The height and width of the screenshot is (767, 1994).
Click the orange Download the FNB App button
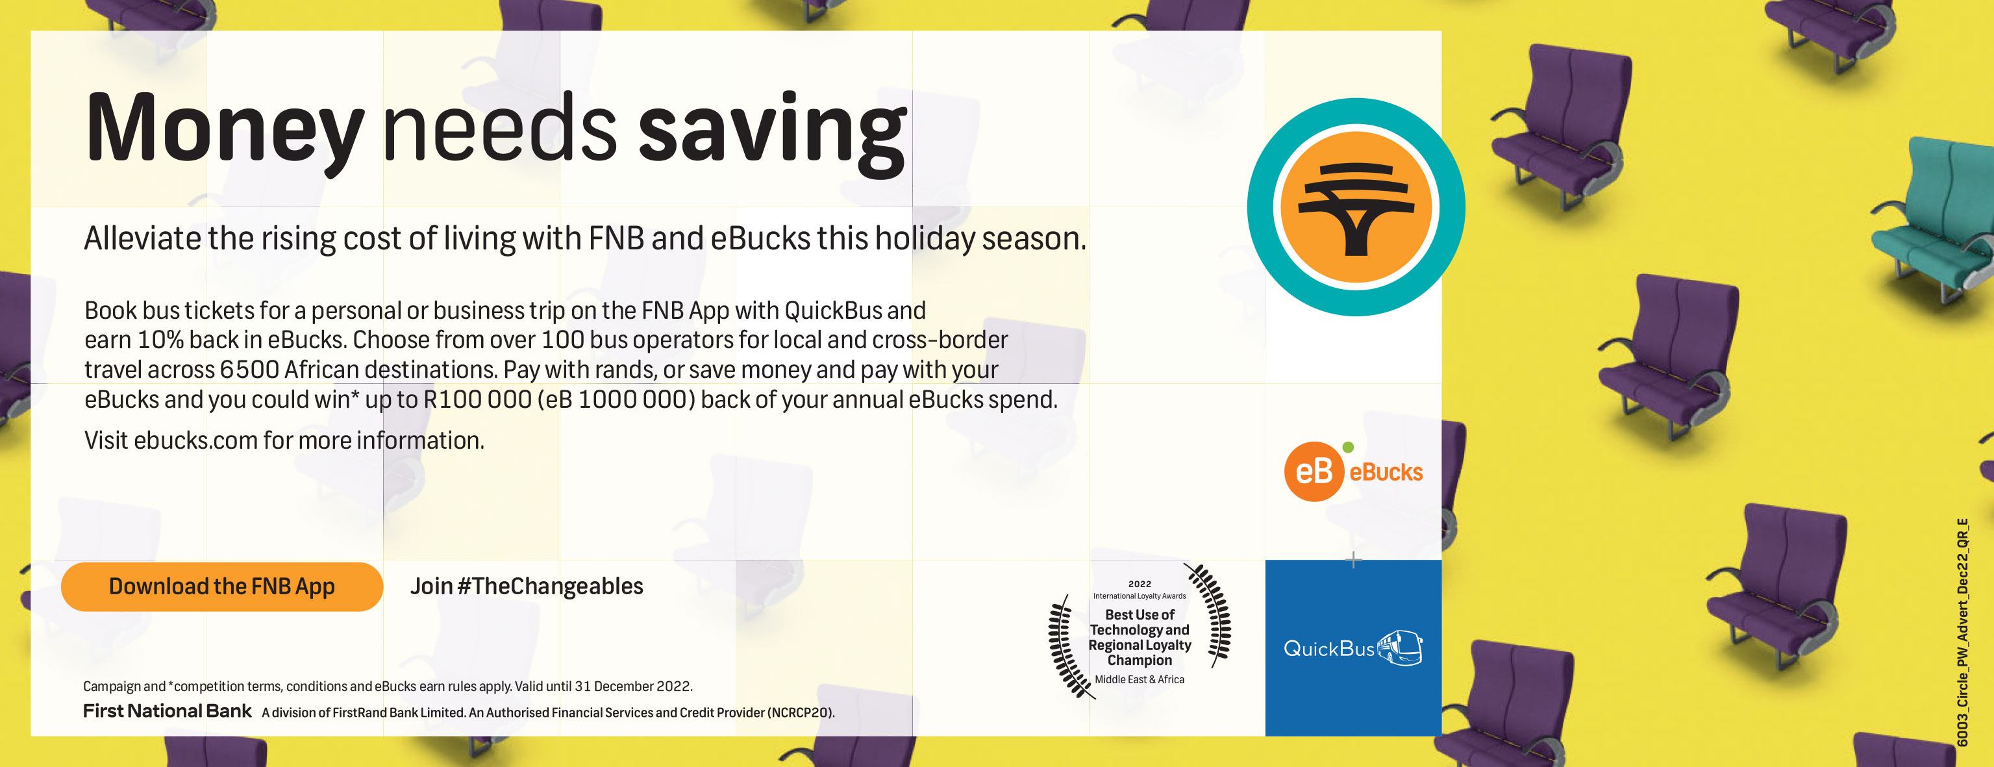point(222,586)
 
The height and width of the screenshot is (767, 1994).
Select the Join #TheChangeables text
point(527,586)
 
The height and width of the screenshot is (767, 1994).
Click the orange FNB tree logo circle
point(1356,207)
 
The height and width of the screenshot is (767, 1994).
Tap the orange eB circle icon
point(1314,472)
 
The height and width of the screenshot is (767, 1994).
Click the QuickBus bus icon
point(1399,647)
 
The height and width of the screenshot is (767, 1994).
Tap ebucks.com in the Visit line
point(195,440)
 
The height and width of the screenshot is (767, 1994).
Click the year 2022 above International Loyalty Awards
point(1140,584)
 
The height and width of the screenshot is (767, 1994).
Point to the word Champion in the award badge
point(1140,660)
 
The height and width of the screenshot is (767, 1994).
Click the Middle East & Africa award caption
point(1140,679)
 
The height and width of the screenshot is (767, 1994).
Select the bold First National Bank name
point(168,710)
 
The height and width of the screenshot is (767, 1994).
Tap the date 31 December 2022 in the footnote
point(632,686)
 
